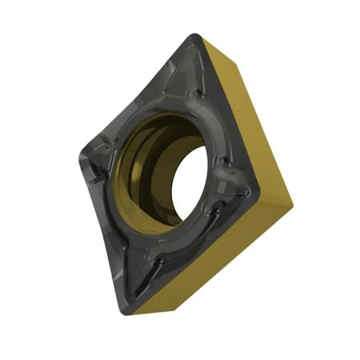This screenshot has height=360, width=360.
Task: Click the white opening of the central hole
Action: (192, 179)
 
